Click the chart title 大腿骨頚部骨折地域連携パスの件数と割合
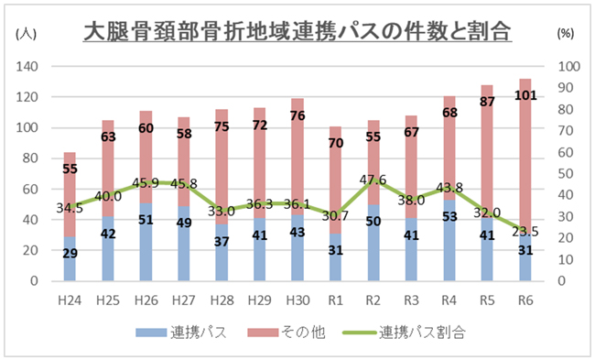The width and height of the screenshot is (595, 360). point(297,32)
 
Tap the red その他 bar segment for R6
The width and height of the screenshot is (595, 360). point(525,147)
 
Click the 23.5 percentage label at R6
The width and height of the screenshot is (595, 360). point(525,232)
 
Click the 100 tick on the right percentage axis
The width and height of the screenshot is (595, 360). point(568,67)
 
